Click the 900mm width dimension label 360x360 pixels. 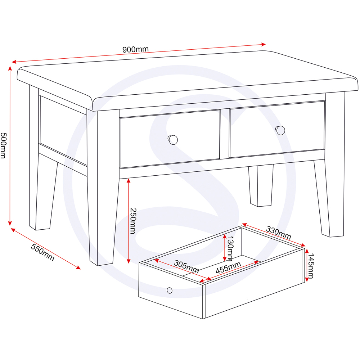(x=135, y=49)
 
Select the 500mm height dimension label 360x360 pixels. (x=3, y=145)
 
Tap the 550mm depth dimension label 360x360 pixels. (x=43, y=252)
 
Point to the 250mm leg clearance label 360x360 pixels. (x=133, y=221)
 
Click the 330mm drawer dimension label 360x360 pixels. (x=279, y=233)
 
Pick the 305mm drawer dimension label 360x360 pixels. (x=186, y=266)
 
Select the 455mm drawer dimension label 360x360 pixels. (x=228, y=268)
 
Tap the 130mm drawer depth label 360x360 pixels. (x=230, y=248)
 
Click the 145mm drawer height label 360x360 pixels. (x=311, y=266)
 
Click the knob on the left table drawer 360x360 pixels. (x=173, y=140)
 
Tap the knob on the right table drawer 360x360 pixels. (x=280, y=130)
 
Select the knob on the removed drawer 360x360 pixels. (x=170, y=291)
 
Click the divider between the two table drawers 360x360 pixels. (x=224, y=134)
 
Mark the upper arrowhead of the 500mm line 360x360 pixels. (x=10, y=68)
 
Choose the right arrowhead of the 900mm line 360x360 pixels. (x=264, y=44)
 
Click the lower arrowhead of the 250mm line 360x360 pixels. (x=129, y=261)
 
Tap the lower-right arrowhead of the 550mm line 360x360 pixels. (x=78, y=267)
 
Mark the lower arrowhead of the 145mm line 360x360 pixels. (x=306, y=280)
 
